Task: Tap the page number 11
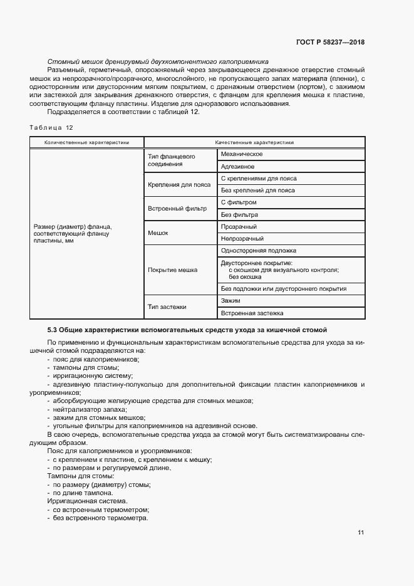pos(361,533)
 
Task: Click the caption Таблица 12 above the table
pos(51,127)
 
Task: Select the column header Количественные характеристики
pos(86,143)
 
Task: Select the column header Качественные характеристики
pos(255,143)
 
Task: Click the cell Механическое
pos(242,154)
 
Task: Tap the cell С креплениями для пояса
pos(254,179)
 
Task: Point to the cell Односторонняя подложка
pos(254,251)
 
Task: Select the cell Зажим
pos(231,301)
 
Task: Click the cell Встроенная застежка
pos(252,313)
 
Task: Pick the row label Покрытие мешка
pos(172,270)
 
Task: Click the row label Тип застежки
pos(167,306)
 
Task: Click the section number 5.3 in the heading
pos(53,330)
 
